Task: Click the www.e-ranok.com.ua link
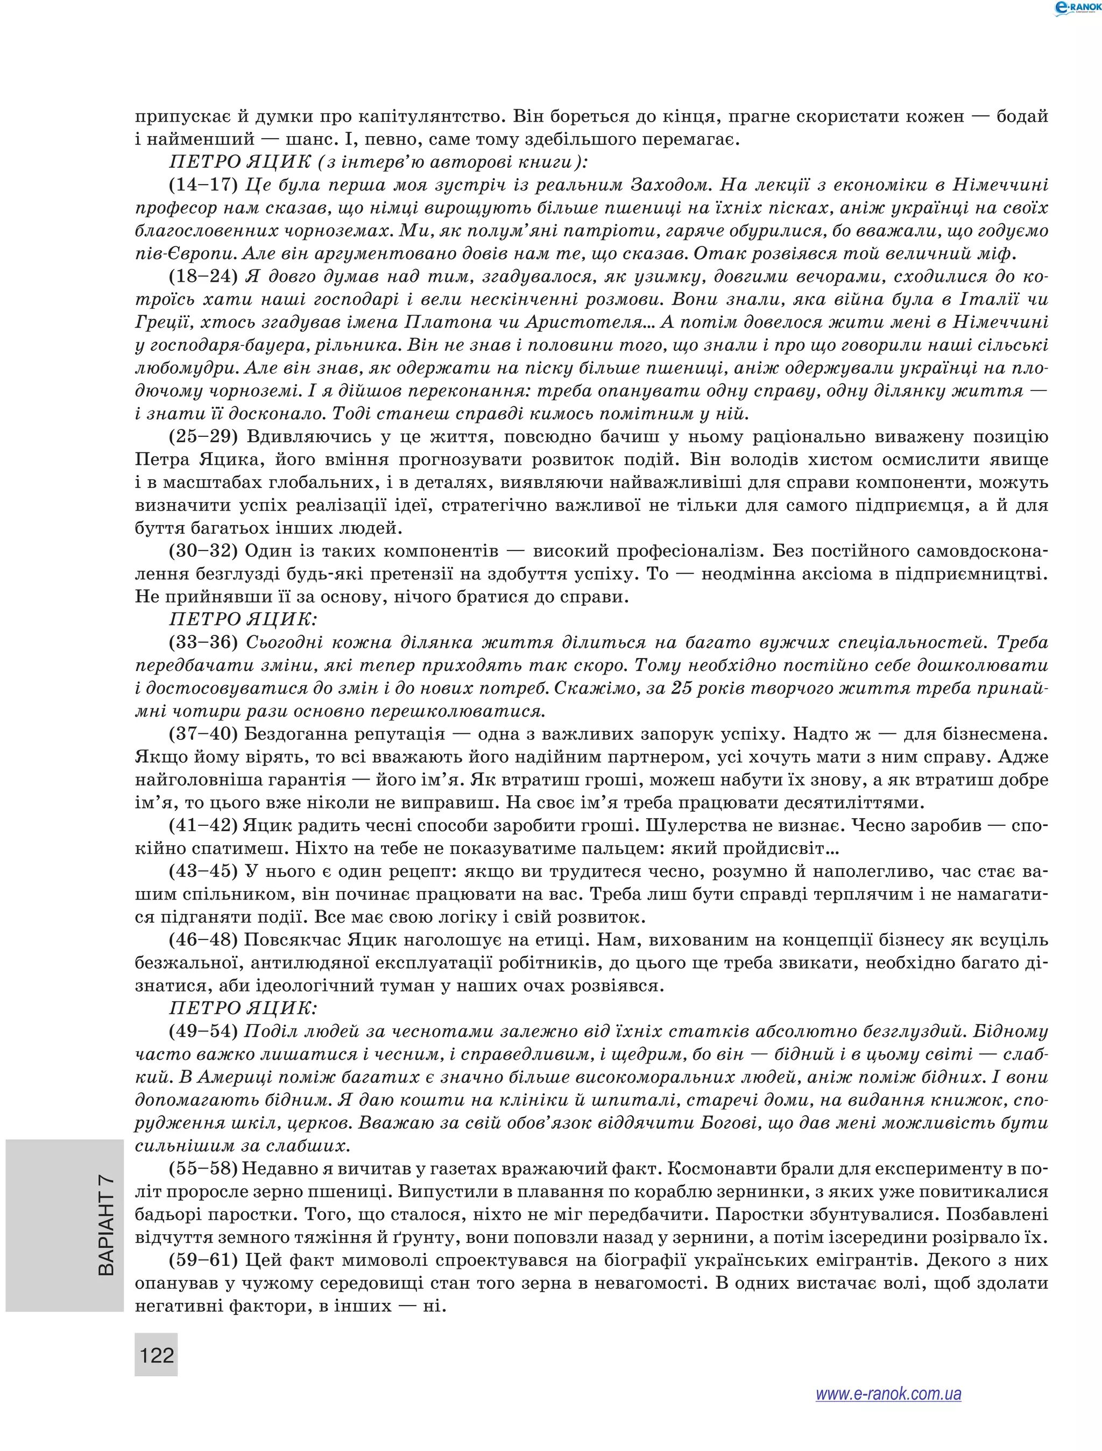tap(888, 1412)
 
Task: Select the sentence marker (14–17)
tap(203, 185)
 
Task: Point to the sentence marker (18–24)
tap(203, 276)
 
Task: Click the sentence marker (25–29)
tap(203, 436)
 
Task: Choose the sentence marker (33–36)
tap(203, 642)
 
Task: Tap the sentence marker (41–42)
tap(203, 825)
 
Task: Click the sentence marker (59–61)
tap(203, 1260)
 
